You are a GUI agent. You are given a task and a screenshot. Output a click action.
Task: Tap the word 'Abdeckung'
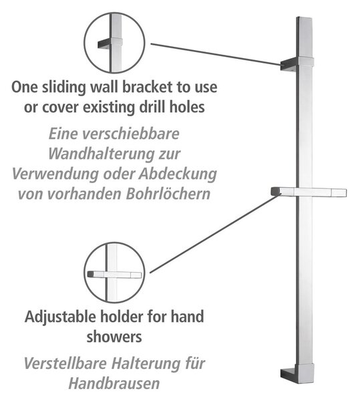coord(177,174)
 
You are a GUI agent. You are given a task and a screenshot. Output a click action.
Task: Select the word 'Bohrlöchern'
coord(168,194)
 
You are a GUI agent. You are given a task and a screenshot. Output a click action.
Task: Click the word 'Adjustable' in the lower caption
coord(60,317)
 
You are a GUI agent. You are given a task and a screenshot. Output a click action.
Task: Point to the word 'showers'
coord(114,337)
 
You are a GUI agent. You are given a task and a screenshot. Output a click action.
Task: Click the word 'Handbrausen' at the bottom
coord(114,384)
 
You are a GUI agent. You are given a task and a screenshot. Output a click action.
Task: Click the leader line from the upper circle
coord(216,54)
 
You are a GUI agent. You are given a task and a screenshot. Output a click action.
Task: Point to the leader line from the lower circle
coord(215,233)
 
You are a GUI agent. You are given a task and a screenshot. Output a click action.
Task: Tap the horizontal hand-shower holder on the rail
coord(309,192)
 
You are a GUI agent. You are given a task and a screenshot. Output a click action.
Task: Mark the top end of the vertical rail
coord(305,18)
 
